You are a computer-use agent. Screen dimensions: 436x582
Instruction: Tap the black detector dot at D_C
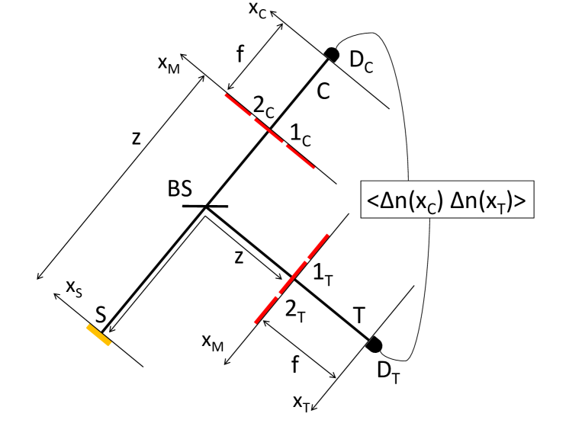click(x=332, y=54)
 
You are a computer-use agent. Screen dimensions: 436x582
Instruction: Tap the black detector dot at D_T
click(x=374, y=345)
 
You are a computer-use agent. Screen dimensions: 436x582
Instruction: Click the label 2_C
click(x=265, y=110)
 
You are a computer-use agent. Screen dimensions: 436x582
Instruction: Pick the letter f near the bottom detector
click(x=294, y=367)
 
